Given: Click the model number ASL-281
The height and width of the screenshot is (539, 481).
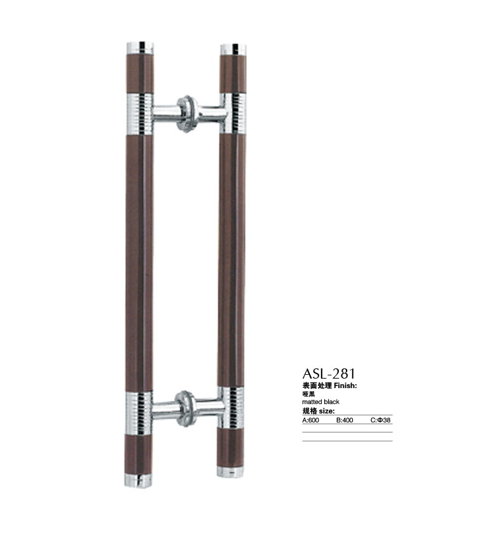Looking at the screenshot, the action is [x=329, y=373].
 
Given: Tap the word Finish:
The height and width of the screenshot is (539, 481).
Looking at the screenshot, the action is [x=345, y=386].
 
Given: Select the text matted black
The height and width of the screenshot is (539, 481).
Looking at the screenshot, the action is [x=320, y=401].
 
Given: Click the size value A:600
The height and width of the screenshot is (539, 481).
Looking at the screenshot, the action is [x=311, y=420].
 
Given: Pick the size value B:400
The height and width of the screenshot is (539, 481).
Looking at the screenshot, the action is [x=345, y=420].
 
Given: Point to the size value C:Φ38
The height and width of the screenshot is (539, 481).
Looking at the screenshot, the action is [x=381, y=420].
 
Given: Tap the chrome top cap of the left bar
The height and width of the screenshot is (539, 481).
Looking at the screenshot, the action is [x=140, y=48].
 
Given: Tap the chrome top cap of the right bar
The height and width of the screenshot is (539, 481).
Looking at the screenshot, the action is [x=234, y=49].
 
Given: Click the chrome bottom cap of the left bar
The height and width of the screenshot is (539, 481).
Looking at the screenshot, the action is [x=138, y=481].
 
